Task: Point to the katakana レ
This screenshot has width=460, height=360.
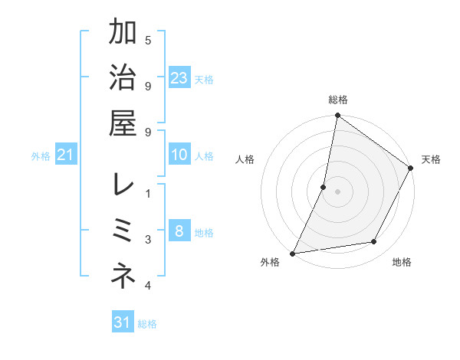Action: coord(123,184)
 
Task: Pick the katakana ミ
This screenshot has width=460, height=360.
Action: coord(123,230)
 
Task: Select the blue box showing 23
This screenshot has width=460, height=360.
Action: coord(179,78)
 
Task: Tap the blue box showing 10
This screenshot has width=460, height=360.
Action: coord(179,155)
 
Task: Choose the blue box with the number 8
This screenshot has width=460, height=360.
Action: coord(179,232)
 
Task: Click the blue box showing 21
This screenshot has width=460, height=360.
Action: coord(65,155)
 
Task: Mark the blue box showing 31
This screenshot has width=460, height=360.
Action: coord(123,322)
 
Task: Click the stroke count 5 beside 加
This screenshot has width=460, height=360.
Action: coord(148,40)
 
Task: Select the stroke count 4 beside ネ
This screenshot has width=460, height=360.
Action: coord(148,286)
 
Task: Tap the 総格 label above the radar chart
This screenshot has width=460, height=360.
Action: coord(337,100)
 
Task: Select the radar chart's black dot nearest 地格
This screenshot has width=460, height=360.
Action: coord(374,242)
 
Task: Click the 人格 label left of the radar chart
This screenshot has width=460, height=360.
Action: coord(245,159)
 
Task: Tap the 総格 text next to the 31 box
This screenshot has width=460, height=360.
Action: coord(147,324)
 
